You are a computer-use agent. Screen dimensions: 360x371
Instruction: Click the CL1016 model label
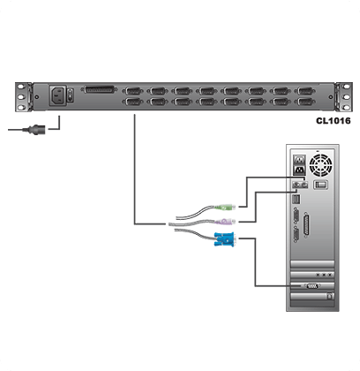coord(334,121)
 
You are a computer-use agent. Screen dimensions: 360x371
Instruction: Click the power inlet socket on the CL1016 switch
coord(57,95)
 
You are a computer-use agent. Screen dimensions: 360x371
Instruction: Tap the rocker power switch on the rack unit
coord(70,95)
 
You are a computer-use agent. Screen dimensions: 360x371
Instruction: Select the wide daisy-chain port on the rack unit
coord(99,89)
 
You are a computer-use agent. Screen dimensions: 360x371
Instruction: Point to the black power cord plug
coord(34,129)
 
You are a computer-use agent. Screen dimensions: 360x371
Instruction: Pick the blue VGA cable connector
coord(225,239)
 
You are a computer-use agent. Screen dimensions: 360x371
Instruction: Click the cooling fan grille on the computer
coord(321,164)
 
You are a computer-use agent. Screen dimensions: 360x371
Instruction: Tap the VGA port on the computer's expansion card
coord(311,286)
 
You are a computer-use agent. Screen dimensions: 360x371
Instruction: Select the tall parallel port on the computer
coord(307,224)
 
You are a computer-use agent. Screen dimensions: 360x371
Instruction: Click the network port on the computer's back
coord(296,199)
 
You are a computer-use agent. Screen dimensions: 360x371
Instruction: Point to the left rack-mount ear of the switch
coord(23,97)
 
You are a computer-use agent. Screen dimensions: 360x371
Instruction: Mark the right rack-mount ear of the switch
coord(344,97)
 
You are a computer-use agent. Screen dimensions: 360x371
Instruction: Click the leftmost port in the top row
coord(133,91)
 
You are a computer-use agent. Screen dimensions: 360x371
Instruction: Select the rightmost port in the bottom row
coord(305,102)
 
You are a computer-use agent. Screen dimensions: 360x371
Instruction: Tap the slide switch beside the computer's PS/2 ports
coord(320,185)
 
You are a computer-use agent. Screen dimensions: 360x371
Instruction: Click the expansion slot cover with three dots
coord(312,275)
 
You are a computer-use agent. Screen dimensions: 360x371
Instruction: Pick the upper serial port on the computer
coord(296,215)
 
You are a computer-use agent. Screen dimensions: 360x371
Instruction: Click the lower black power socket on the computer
coord(300,170)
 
